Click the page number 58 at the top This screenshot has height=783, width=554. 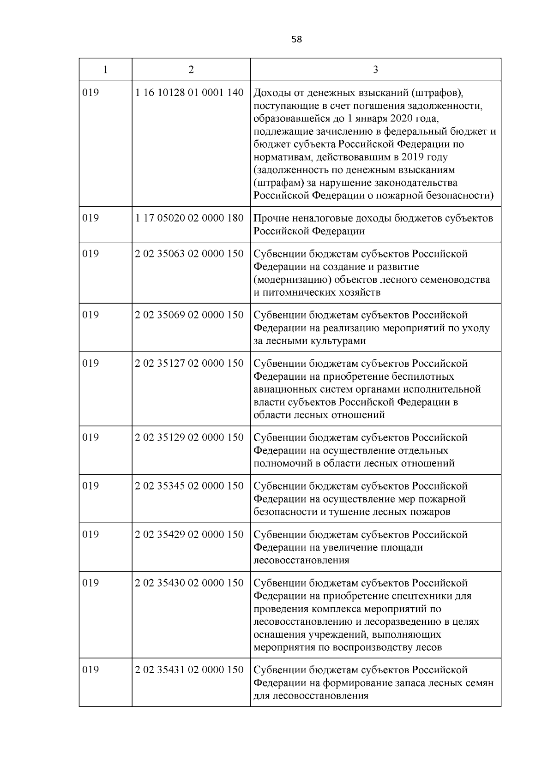coord(297,40)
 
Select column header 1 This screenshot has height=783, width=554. coord(106,70)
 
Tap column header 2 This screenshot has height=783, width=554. coord(191,70)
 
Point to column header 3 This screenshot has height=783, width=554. coord(375,70)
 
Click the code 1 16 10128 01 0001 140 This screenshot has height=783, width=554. coord(189,93)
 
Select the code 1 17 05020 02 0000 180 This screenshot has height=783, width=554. coord(189,218)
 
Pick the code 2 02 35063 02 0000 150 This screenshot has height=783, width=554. coord(189,254)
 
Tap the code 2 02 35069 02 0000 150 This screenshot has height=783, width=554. coord(189,315)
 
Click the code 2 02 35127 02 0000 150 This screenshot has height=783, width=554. coord(189,364)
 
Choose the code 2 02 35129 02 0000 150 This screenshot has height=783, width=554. coord(189,437)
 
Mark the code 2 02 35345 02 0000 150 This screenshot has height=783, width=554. coord(189,486)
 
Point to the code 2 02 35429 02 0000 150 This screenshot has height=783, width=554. coord(189,535)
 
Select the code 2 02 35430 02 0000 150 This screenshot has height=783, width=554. coord(189,583)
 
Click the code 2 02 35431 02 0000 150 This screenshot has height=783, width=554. coord(189,670)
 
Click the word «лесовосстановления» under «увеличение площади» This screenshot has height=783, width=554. coord(301,561)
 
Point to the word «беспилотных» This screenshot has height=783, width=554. coord(423,377)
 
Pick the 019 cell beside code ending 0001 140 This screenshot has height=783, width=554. coord(90,93)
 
